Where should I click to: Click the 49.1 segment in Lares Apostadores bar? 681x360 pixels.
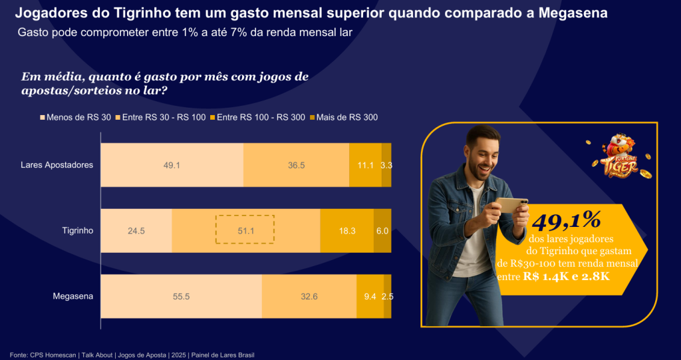click(172, 165)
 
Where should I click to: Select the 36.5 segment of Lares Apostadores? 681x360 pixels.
click(296, 165)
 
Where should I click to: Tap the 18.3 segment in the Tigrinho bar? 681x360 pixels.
click(347, 231)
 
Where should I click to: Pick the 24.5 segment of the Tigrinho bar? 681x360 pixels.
click(136, 231)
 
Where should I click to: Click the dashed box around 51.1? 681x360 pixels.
click(245, 230)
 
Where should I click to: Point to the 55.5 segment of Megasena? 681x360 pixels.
click(181, 296)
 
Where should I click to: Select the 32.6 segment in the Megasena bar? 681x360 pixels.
click(309, 296)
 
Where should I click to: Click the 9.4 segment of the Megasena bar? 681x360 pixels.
click(370, 296)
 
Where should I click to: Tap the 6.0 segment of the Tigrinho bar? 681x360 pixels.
click(382, 231)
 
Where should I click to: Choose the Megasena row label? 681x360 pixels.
click(73, 296)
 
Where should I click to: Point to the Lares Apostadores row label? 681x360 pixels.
click(57, 165)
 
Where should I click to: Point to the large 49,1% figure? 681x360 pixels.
click(566, 220)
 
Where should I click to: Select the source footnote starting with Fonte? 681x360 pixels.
click(132, 355)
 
